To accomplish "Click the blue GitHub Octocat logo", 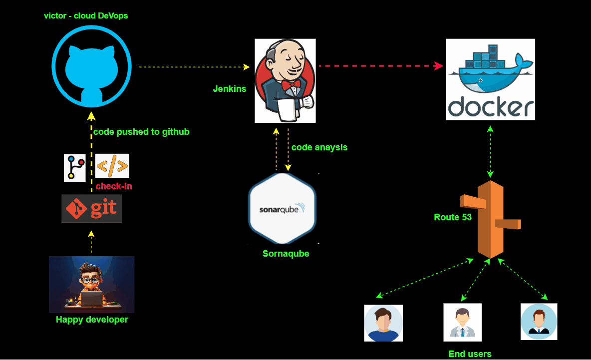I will (x=91, y=67).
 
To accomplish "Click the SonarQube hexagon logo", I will (x=283, y=208).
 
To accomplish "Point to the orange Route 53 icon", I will (x=491, y=220).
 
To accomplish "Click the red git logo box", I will (x=91, y=209).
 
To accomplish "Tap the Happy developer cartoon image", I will (x=91, y=284).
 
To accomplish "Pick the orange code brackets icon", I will (x=112, y=166).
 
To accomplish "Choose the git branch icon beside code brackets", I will (x=75, y=168).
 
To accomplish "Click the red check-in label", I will (x=114, y=186).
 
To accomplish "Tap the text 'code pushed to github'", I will (x=141, y=132).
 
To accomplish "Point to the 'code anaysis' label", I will (x=319, y=147).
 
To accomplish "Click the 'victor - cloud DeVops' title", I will (x=86, y=15).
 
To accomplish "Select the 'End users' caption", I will (x=470, y=354).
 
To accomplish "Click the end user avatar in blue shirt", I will (x=383, y=323).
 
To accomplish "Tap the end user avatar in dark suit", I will (x=539, y=321).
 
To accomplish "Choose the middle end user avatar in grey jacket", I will (x=462, y=322).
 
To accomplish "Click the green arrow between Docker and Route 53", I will (x=490, y=152).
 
